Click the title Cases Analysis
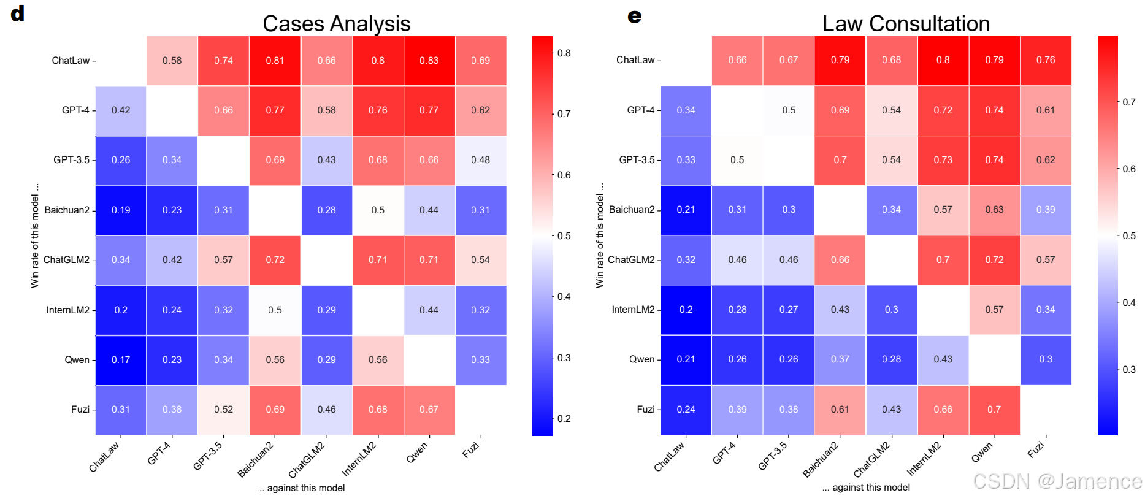click(336, 24)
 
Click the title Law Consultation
click(906, 24)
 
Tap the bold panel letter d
click(18, 13)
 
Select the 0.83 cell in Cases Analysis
click(429, 61)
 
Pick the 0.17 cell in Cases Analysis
click(121, 360)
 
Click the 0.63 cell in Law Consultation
click(994, 210)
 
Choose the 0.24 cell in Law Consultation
click(686, 410)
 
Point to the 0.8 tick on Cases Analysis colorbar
click(564, 53)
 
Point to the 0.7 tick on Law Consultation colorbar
click(1128, 102)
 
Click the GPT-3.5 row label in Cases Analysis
click(71, 160)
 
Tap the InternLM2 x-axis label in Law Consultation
click(924, 459)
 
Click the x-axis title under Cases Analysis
click(301, 488)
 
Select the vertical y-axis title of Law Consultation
click(600, 235)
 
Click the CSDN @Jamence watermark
click(1057, 481)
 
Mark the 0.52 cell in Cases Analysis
click(223, 410)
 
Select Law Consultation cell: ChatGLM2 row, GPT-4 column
click(737, 260)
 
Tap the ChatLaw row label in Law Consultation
click(635, 60)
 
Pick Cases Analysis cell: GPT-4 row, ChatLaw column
click(121, 110)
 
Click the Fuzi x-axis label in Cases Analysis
click(470, 451)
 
